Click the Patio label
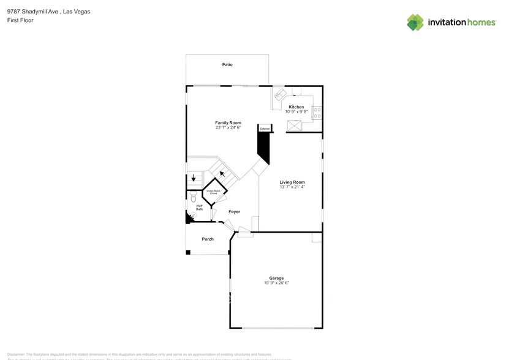(227, 64)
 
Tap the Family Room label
(228, 122)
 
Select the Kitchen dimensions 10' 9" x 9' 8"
(296, 111)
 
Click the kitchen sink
(281, 95)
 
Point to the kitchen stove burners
(317, 112)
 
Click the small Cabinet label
(265, 129)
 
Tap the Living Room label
(292, 182)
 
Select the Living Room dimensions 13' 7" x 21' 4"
(292, 187)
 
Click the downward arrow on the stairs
(194, 179)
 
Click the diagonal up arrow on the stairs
(221, 174)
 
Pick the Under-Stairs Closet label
(213, 192)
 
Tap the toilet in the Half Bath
(194, 197)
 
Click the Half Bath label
(199, 208)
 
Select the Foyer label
(234, 212)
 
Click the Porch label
(208, 239)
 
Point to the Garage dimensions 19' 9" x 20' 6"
(276, 283)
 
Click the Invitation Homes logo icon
(415, 22)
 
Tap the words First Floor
(20, 20)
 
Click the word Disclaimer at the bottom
(16, 354)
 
